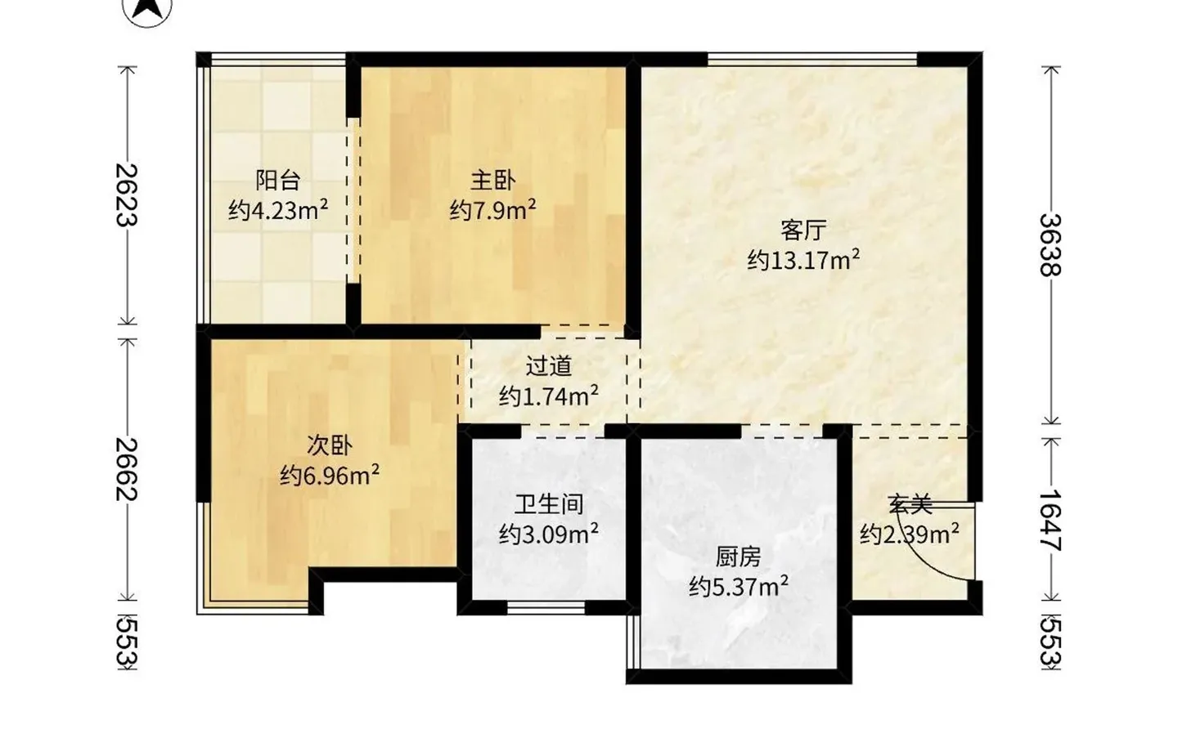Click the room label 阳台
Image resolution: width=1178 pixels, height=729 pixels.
[x=278, y=180]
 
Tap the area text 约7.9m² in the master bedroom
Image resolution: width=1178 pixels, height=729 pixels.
[x=492, y=210]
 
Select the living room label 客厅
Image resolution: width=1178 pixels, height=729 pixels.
[x=803, y=230]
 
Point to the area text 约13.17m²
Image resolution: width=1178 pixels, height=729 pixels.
[x=803, y=261]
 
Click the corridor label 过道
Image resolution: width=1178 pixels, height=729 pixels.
[x=548, y=366]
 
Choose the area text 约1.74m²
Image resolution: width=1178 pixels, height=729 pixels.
[x=548, y=396]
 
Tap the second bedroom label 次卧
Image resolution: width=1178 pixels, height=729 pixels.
[x=330, y=445]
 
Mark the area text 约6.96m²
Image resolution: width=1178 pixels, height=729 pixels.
[x=330, y=475]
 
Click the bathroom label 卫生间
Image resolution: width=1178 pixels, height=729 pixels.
[x=548, y=504]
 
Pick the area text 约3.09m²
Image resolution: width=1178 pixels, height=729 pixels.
[x=548, y=534]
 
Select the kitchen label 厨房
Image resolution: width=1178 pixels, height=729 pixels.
[x=738, y=557]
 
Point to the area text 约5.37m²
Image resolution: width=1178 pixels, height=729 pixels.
[x=738, y=587]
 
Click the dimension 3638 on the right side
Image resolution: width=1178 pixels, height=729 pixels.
[x=1050, y=244]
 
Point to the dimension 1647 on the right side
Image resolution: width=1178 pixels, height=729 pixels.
[x=1050, y=520]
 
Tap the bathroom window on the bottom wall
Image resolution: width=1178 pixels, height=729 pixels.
[x=546, y=608]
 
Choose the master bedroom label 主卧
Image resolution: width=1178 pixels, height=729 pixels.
[x=492, y=180]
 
